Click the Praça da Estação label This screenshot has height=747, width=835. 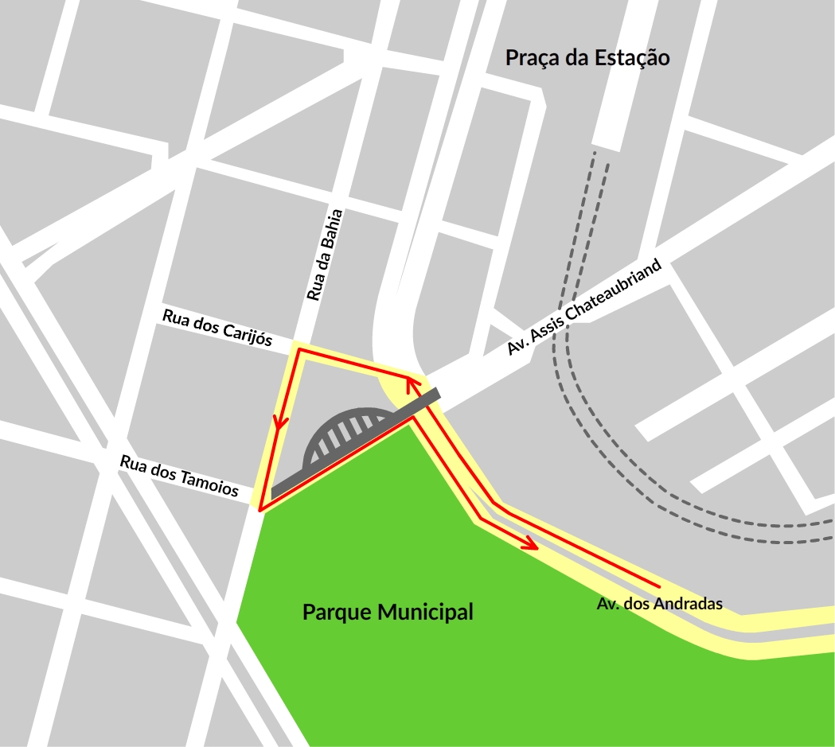(587, 58)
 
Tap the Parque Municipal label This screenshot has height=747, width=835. (388, 613)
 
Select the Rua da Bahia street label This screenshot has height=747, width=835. (325, 255)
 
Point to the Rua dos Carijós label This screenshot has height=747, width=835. (217, 328)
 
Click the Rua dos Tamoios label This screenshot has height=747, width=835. (179, 476)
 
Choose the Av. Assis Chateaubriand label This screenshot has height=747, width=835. (585, 308)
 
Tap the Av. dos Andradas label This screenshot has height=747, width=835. (659, 604)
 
